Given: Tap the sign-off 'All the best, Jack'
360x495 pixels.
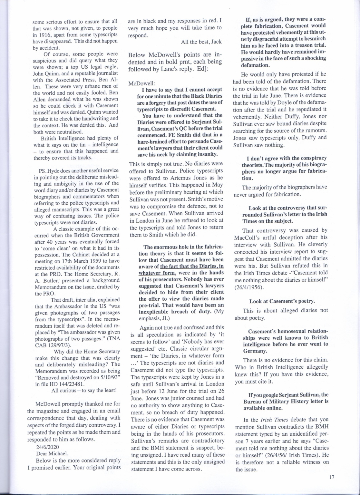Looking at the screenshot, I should click(201, 42).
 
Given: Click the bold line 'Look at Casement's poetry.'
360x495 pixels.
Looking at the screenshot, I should click(282, 301).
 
